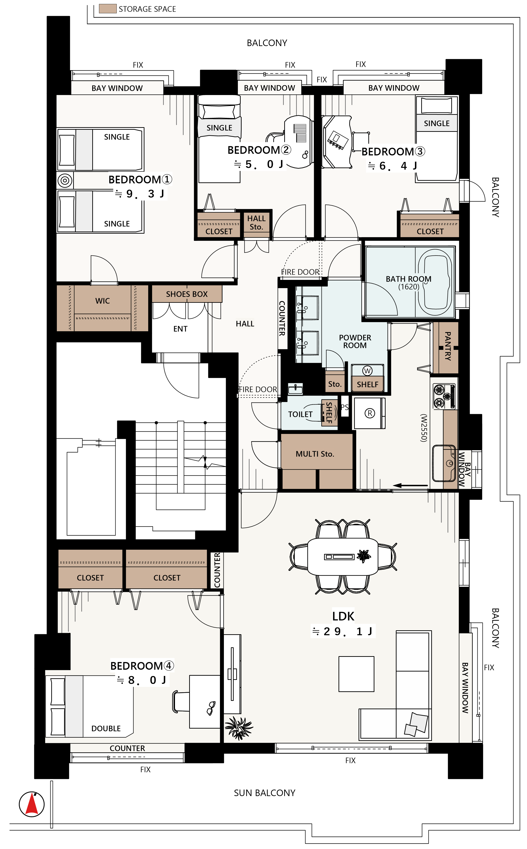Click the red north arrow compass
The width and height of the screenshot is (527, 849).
pyautogui.click(x=32, y=804)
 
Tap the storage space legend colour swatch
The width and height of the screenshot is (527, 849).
pyautogui.click(x=108, y=9)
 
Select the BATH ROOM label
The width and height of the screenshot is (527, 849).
pyautogui.click(x=408, y=279)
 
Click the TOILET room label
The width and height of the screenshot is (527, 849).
pyautogui.click(x=300, y=414)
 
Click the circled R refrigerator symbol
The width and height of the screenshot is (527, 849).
pyautogui.click(x=370, y=413)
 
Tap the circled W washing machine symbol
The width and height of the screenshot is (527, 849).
pyautogui.click(x=367, y=371)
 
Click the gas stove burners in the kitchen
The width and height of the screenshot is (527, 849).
pyautogui.click(x=444, y=396)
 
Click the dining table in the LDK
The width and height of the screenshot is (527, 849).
pyautogui.click(x=343, y=557)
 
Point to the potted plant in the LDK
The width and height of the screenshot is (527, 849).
pyautogui.click(x=239, y=728)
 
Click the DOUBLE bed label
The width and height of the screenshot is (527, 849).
pyautogui.click(x=106, y=728)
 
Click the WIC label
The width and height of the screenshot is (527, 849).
pyautogui.click(x=103, y=301)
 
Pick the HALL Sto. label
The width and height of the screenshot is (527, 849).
pyautogui.click(x=256, y=223)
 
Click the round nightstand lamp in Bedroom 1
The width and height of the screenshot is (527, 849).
pyautogui.click(x=65, y=181)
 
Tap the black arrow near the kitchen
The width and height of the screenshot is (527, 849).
pyautogui.click(x=410, y=485)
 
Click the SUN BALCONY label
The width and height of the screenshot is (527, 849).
pyautogui.click(x=264, y=793)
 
